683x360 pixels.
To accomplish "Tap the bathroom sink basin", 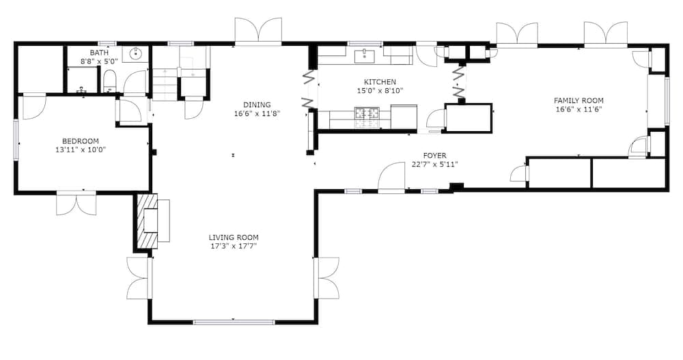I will [x=135, y=54].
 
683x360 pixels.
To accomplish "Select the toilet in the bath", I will [x=110, y=83].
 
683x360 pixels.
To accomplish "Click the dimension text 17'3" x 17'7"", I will [x=234, y=246].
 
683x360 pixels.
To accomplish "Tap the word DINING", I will [x=257, y=105].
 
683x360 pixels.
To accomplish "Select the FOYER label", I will [x=434, y=155].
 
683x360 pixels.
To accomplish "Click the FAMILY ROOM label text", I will [x=579, y=100].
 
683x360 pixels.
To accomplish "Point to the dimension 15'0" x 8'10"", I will [x=380, y=90].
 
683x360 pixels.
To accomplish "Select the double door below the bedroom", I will [x=76, y=203].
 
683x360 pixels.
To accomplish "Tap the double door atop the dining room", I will [x=258, y=31].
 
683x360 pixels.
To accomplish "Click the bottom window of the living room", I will [x=233, y=322].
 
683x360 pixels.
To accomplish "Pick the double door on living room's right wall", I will [x=326, y=277].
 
